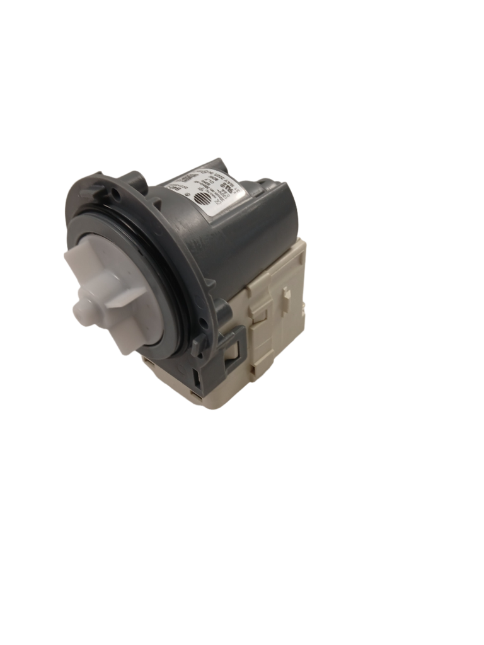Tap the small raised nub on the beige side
[287, 293]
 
